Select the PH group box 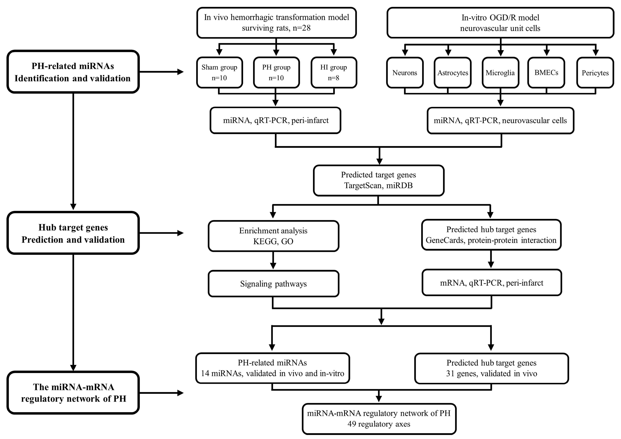276,73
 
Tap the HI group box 334,73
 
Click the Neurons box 405,73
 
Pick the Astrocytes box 453,73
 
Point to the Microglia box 500,73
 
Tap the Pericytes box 595,73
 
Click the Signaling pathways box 273,284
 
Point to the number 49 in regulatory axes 352,424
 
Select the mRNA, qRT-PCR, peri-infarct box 491,283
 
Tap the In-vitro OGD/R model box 500,23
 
